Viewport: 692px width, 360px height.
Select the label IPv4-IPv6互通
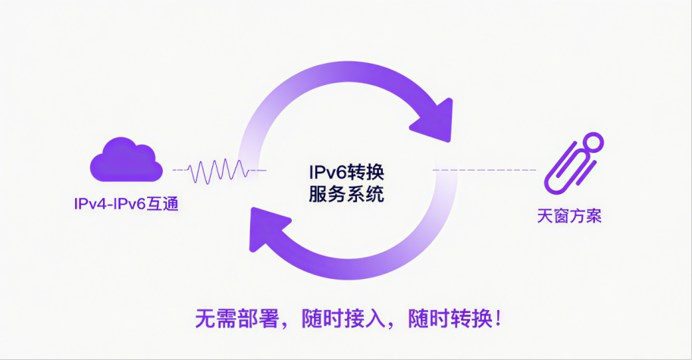(126, 204)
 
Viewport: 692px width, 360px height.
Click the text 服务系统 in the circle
(346, 194)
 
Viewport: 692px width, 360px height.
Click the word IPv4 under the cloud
(89, 204)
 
